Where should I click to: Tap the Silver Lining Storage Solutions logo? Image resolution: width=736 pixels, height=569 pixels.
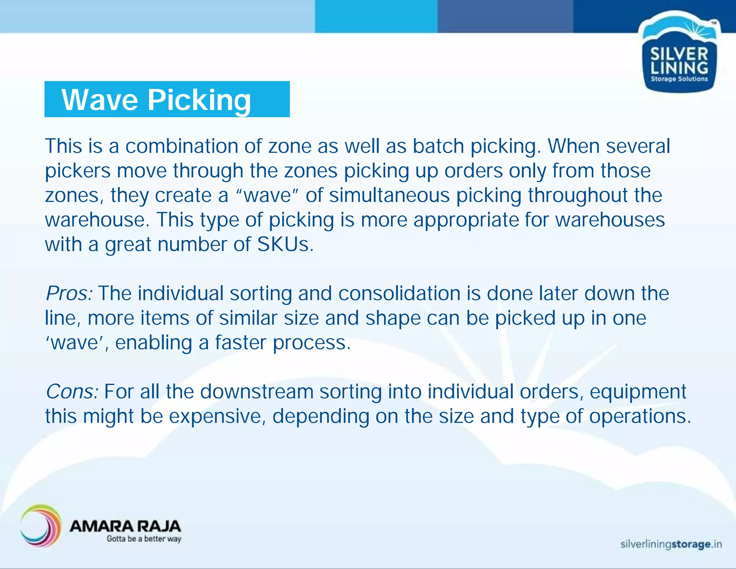click(x=679, y=58)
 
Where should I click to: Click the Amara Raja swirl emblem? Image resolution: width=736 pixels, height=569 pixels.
click(x=41, y=525)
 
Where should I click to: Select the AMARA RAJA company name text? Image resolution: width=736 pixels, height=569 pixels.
click(x=125, y=526)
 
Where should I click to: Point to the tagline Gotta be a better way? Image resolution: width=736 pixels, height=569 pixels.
click(x=144, y=539)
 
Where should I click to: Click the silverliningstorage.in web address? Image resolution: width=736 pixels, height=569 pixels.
click(x=671, y=544)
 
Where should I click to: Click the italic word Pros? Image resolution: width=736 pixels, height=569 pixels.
click(x=69, y=293)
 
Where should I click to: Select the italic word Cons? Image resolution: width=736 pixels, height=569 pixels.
click(x=72, y=391)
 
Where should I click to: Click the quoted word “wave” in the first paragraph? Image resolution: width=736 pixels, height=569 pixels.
click(x=267, y=195)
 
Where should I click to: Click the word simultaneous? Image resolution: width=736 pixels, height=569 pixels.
click(x=389, y=195)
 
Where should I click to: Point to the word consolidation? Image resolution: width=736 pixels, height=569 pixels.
click(x=399, y=293)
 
